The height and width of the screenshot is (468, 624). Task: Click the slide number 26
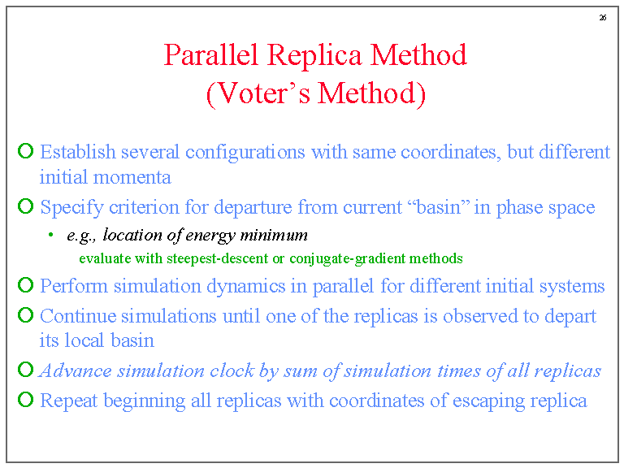[602, 18]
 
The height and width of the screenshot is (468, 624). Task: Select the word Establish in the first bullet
[77, 152]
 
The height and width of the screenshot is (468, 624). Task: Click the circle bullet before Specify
[25, 207]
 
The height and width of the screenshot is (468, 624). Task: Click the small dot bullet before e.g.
[50, 236]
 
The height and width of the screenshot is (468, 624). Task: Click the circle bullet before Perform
[25, 286]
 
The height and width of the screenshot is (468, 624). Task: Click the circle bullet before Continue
[25, 316]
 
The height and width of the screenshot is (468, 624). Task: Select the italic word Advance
[76, 370]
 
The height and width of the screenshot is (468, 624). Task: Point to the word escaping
[490, 401]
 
